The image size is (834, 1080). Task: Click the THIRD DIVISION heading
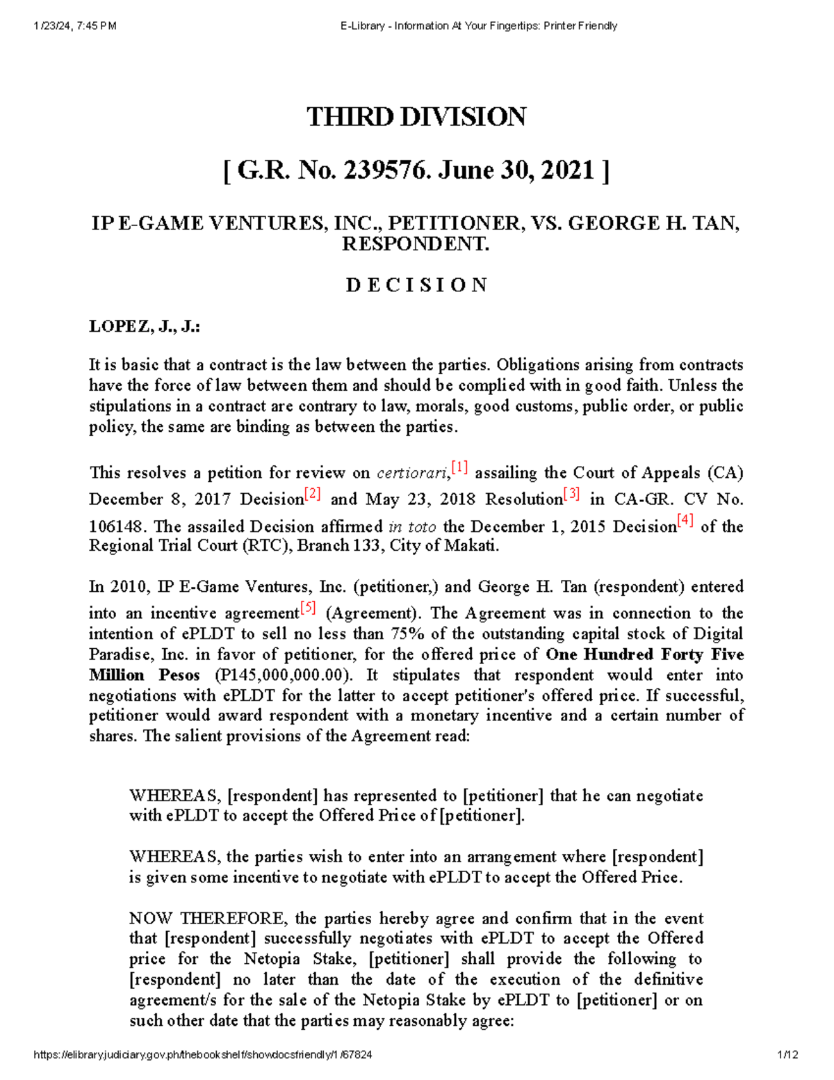coord(416,117)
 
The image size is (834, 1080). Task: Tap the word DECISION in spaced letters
coord(416,285)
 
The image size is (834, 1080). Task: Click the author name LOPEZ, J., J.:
coord(145,327)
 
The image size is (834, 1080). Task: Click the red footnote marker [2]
coord(313,494)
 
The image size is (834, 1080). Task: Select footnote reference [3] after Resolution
coord(571,494)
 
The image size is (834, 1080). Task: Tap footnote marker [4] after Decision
coord(685,522)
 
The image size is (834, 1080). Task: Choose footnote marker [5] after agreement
coord(308,608)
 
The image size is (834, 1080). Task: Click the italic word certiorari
coord(412,474)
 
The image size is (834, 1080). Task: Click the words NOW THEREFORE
coord(206,919)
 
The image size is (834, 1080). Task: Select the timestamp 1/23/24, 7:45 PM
coord(74,26)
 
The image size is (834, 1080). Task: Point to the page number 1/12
coord(789,1054)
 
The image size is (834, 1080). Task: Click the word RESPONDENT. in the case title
coord(415,245)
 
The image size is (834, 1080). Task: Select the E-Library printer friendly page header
coord(479,26)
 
